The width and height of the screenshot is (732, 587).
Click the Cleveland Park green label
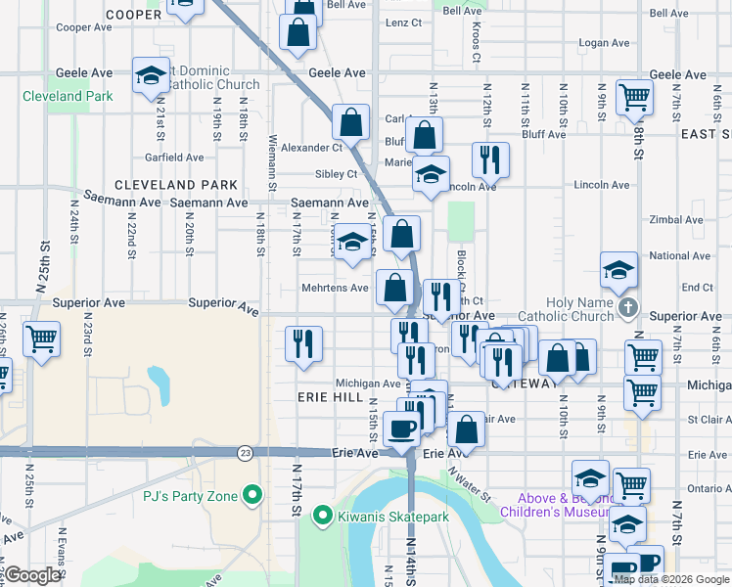coord(68,96)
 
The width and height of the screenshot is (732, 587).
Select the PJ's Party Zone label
coord(191,496)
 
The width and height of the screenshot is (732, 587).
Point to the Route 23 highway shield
coord(244,453)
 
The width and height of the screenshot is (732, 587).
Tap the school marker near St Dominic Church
coord(151,76)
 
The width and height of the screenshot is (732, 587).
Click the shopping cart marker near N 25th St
coord(41,339)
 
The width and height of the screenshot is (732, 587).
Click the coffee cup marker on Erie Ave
coord(401,428)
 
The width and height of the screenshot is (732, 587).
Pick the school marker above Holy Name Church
coord(618,271)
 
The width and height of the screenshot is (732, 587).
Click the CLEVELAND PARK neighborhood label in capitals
coord(176,184)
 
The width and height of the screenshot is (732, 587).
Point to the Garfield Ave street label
coord(174,157)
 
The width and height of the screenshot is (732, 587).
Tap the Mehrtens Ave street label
coord(334,288)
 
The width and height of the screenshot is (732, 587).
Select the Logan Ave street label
coord(603,43)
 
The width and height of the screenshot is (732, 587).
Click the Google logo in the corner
coord(32,575)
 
